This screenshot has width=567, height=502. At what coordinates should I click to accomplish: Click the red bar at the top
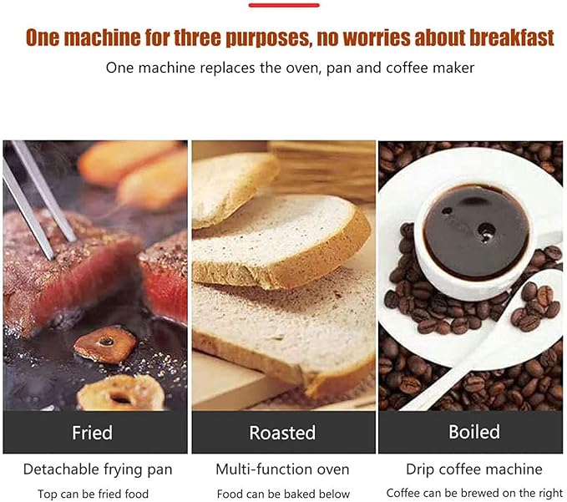[x=284, y=5]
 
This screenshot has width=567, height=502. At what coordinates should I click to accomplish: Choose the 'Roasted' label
[x=282, y=433]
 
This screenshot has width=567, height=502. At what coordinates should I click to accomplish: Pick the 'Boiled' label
[x=473, y=432]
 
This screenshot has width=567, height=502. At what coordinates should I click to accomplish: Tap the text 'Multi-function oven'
[x=282, y=469]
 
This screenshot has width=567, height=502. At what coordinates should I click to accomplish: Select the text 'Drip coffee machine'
[x=473, y=469]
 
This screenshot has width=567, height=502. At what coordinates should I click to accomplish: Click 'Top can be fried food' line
[x=94, y=494]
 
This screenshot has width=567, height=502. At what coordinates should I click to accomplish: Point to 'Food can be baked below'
[x=283, y=494]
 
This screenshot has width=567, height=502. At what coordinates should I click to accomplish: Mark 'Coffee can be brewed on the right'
[x=473, y=494]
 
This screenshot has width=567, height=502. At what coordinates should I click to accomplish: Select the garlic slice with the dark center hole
[x=104, y=342]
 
